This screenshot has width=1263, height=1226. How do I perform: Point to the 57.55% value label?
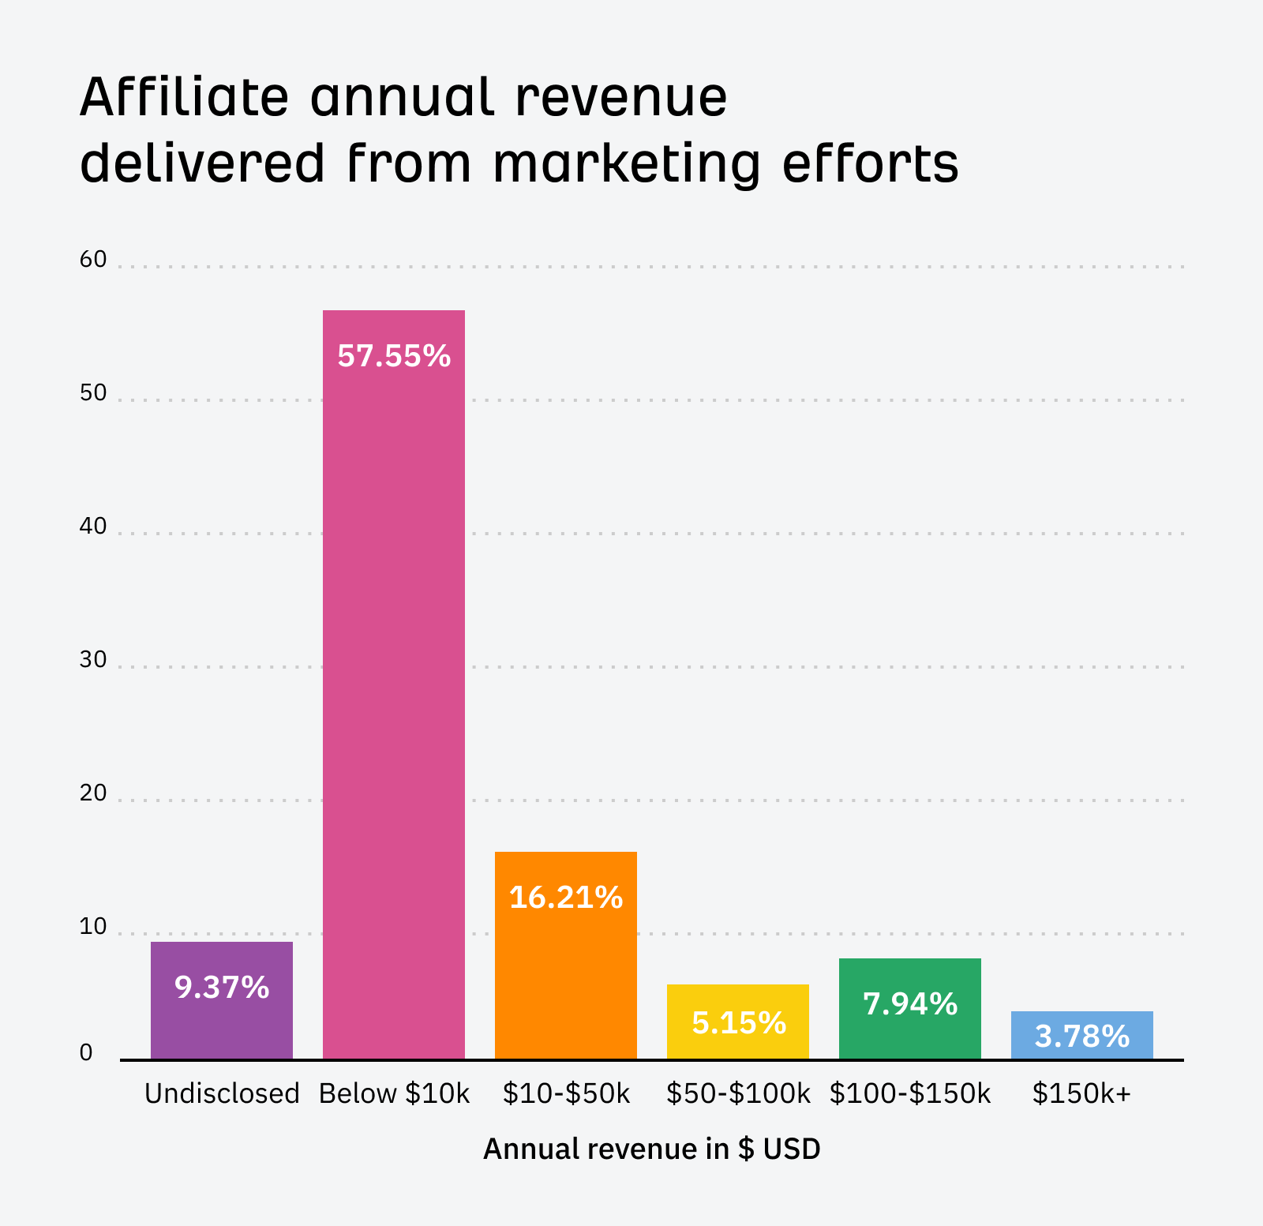pos(393,356)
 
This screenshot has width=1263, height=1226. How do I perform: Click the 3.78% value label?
pos(1081,1037)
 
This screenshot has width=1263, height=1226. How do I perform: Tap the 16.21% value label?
pos(565,898)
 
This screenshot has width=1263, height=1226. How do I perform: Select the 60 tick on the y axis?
pos(92,259)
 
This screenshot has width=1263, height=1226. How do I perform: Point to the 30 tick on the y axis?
pos(92,659)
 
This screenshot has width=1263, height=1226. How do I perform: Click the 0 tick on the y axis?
pos(86,1052)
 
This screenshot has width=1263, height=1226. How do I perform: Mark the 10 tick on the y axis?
pos(92,926)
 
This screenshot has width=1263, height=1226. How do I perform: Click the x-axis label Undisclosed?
pos(222,1093)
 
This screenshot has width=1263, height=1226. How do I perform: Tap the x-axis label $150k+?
pos(1081,1093)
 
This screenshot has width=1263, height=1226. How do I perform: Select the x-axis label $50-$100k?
pos(738,1093)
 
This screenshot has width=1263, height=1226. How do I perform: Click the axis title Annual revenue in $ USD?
pos(651,1149)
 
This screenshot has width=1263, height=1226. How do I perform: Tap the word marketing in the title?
pos(627,164)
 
